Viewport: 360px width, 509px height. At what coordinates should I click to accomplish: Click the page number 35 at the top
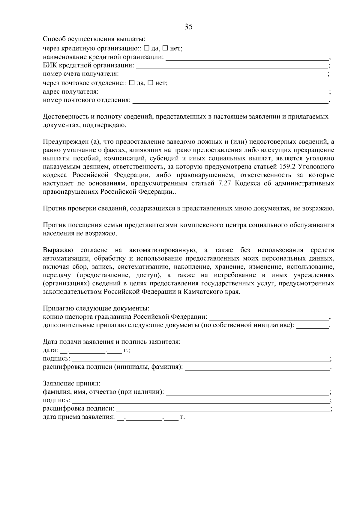188,27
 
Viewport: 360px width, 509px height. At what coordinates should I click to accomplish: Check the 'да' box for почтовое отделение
131,83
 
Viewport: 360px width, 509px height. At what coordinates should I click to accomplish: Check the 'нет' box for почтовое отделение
150,83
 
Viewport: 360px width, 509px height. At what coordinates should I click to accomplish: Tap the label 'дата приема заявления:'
79,417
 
